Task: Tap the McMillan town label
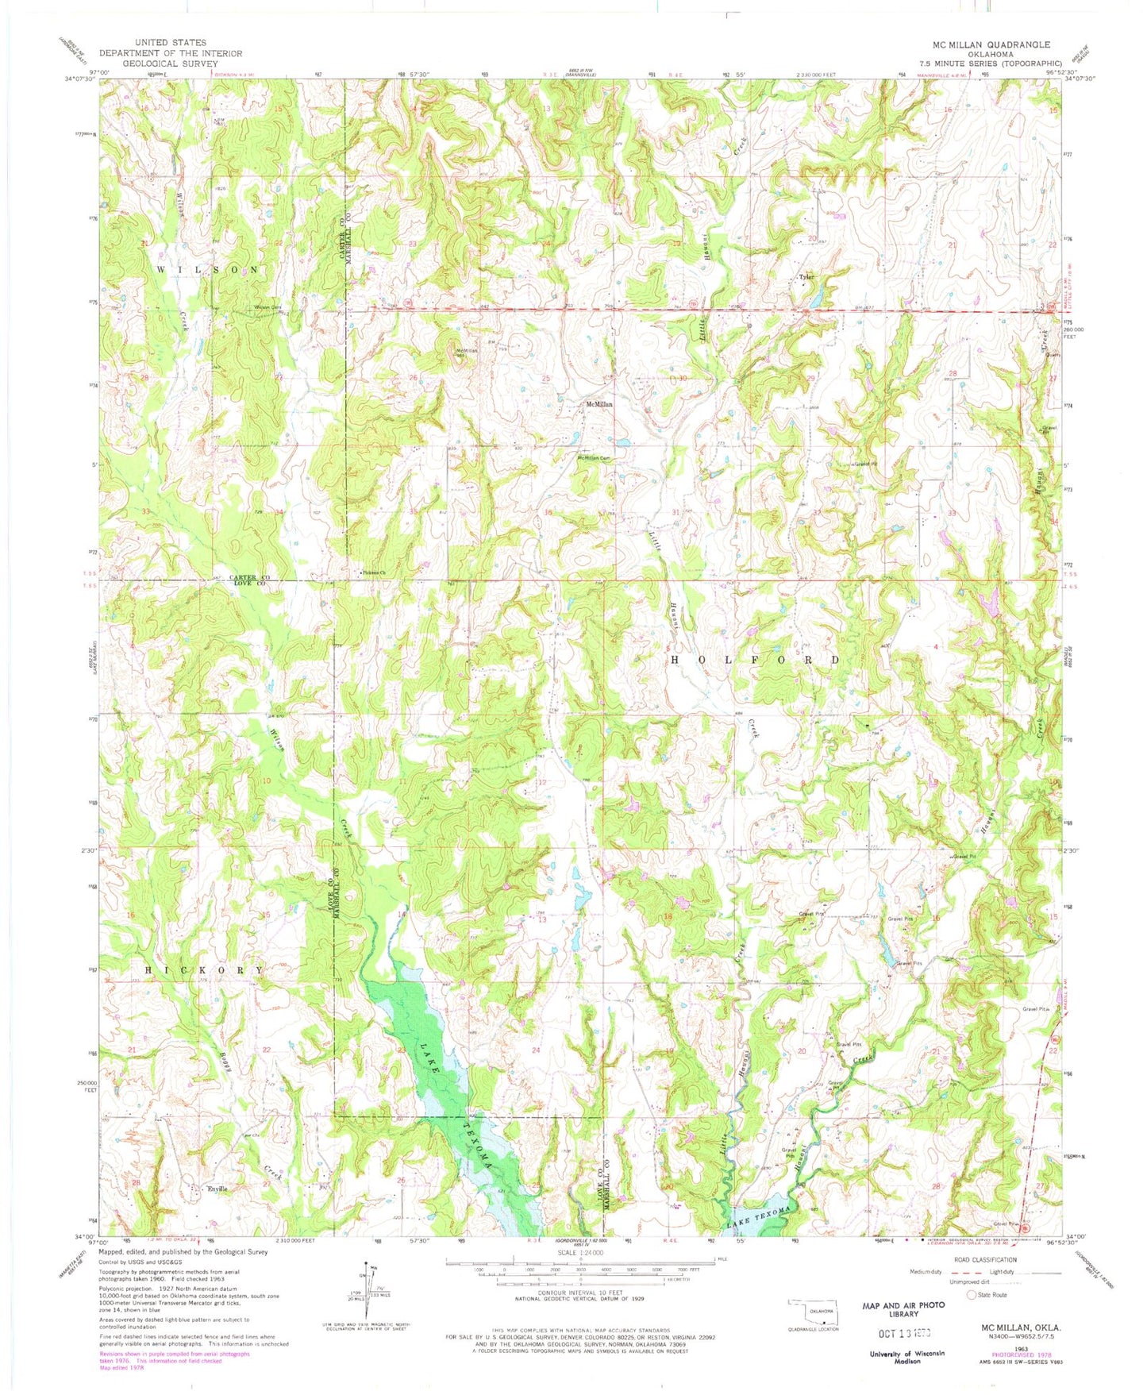click(599, 404)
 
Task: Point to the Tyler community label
click(806, 277)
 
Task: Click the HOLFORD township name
click(755, 660)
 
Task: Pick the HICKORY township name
click(205, 970)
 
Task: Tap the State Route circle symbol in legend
click(971, 1294)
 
